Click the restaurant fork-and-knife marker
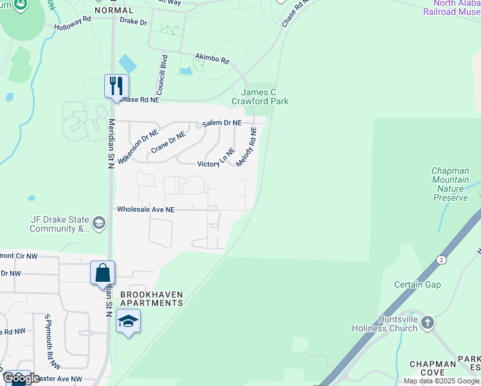point(116,85)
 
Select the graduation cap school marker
point(128,321)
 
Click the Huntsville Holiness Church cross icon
point(427,322)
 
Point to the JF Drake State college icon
point(98,223)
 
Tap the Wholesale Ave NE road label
point(145,209)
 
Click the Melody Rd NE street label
point(246,147)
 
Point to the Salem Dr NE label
point(222,122)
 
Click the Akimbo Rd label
point(213,60)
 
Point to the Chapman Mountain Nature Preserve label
point(451,184)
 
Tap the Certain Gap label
point(417,284)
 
